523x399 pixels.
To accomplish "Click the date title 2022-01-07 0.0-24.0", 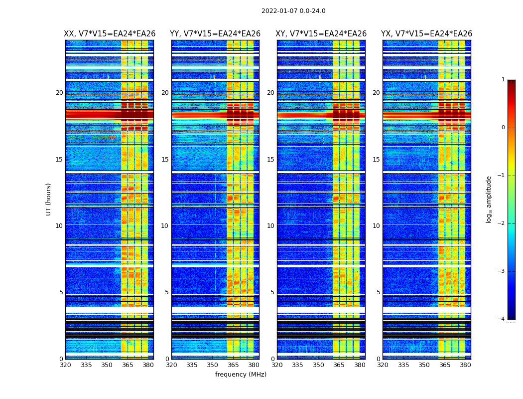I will tap(293, 11).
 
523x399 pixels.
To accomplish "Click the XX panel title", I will tap(110, 34).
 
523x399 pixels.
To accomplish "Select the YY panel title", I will tap(215, 34).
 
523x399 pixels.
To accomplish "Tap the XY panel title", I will tap(321, 34).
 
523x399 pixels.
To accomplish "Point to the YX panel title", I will tap(426, 34).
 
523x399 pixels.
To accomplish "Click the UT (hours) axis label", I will tap(49, 199).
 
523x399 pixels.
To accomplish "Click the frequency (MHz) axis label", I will tap(241, 375).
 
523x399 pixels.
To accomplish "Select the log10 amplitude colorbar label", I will tap(489, 199).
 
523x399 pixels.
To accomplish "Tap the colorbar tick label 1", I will tap(503, 80).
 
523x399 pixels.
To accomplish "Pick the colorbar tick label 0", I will tap(503, 128).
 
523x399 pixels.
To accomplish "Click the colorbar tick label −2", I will tap(502, 223).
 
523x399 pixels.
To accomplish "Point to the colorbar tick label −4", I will tap(502, 319).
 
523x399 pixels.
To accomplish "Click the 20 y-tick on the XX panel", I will tap(59, 93).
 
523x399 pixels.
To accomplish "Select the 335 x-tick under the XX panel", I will tap(86, 365).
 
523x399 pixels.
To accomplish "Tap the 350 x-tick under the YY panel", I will tap(213, 365).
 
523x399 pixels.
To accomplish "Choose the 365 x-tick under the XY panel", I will tap(339, 365).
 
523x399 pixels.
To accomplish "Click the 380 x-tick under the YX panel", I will tap(465, 365).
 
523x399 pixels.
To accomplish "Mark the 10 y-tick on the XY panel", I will tap(270, 226).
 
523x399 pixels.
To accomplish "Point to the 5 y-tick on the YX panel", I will tap(378, 292).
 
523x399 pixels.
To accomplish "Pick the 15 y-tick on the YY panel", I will tap(165, 160).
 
